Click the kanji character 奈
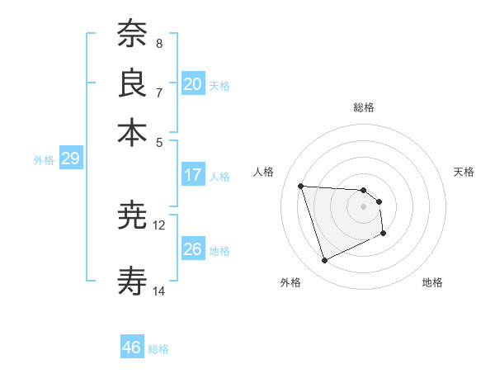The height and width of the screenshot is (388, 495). (x=132, y=34)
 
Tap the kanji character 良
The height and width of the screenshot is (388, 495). (x=132, y=83)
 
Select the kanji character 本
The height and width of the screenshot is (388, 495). (x=132, y=132)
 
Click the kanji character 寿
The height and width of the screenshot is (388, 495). (x=132, y=282)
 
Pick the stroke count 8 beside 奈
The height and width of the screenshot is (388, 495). (x=159, y=43)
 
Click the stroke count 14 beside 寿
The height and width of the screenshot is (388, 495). (x=159, y=291)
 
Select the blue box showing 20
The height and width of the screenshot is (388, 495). (x=192, y=84)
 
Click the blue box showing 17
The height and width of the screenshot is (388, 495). (x=192, y=175)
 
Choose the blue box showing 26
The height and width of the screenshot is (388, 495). (x=192, y=249)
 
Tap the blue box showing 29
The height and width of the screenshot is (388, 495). (x=69, y=159)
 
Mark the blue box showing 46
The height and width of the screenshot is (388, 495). (x=131, y=348)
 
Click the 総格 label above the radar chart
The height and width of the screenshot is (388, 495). (x=363, y=107)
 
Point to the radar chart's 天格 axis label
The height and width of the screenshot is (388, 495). (x=464, y=172)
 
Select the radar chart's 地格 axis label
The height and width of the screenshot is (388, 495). (x=432, y=282)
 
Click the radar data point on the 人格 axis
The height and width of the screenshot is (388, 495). (x=301, y=186)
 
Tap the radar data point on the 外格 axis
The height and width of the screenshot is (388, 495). (x=324, y=261)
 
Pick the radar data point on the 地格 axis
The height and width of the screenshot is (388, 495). (x=384, y=234)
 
